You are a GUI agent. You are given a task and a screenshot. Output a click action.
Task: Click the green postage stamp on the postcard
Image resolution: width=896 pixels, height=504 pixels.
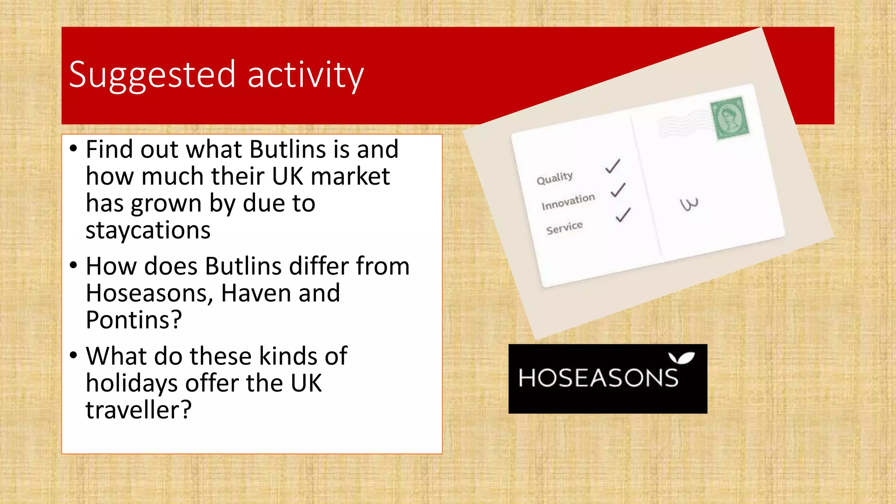(729, 118)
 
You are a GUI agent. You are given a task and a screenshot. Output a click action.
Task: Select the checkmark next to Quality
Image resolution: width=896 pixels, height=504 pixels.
(612, 166)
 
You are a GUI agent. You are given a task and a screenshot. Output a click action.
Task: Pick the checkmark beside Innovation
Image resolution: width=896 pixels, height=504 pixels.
(618, 190)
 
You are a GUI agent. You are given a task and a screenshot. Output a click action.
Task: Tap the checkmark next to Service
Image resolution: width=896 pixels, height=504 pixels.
(623, 215)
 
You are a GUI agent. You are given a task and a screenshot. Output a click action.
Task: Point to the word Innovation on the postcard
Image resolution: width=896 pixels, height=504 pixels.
(568, 202)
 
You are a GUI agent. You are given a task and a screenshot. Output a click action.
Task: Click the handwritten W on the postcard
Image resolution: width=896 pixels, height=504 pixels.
(689, 204)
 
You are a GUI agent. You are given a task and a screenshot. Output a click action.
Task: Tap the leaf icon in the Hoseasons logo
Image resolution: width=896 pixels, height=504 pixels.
(681, 358)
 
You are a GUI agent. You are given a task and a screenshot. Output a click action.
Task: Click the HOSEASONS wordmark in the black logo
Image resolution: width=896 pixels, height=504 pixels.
(598, 378)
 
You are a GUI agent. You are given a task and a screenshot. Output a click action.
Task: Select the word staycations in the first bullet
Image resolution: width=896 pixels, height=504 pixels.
(148, 230)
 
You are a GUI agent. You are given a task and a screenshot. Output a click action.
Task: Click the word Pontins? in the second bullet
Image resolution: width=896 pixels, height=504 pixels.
(133, 320)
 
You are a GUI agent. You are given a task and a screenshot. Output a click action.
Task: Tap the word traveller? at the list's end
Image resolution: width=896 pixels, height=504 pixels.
(138, 410)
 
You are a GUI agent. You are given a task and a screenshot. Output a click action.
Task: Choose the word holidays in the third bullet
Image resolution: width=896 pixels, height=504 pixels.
(131, 383)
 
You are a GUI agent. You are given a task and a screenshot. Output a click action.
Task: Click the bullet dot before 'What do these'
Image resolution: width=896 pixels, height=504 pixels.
(73, 354)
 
